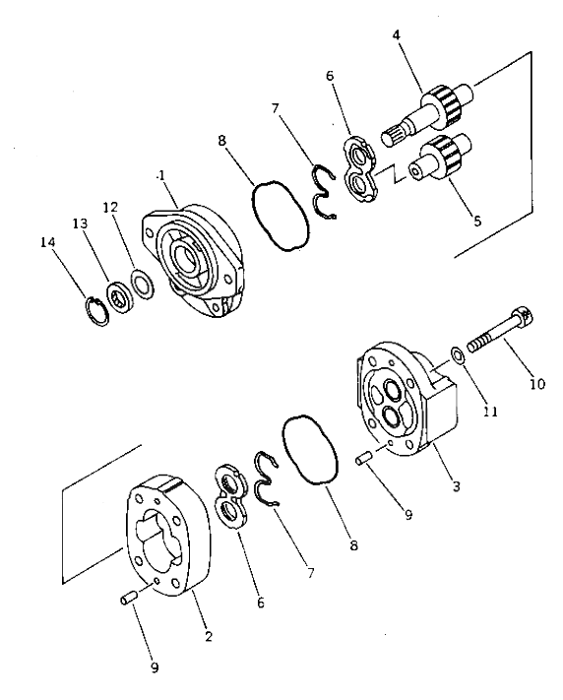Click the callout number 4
click(397, 35)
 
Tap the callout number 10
click(537, 384)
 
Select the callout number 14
click(48, 242)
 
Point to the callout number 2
click(208, 636)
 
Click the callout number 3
click(456, 486)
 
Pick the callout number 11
click(490, 411)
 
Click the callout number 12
click(110, 208)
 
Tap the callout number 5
click(477, 221)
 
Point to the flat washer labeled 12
click(143, 284)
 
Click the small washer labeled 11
click(457, 355)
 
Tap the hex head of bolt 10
click(524, 315)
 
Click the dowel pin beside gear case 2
click(127, 599)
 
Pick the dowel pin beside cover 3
click(363, 459)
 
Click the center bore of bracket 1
click(184, 258)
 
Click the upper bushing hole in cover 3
click(393, 389)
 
